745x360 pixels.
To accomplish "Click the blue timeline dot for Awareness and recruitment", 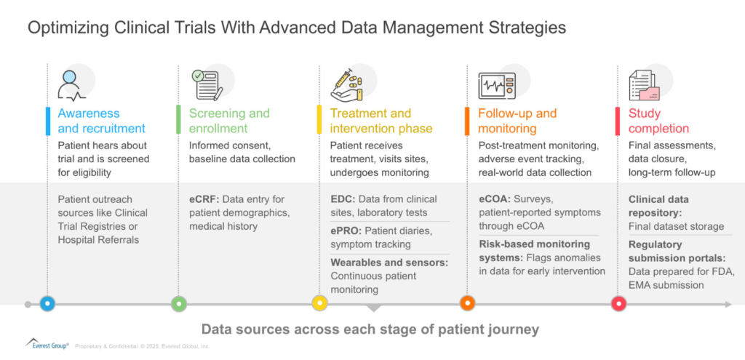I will pyautogui.click(x=48, y=303).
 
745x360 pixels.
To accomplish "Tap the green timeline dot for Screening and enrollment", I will pyautogui.click(x=179, y=303).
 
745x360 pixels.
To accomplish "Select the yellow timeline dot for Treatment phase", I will pyautogui.click(x=319, y=303).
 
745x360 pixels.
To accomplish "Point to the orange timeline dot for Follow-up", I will pyautogui.click(x=467, y=303).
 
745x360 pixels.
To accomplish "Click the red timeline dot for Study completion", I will pyautogui.click(x=619, y=303).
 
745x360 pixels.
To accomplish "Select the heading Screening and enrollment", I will pyautogui.click(x=229, y=121).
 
